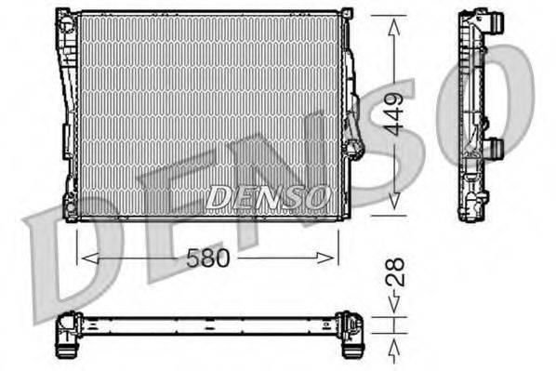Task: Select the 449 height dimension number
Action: click(397, 113)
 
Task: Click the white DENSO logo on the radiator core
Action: click(268, 196)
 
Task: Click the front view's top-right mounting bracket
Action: click(346, 16)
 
